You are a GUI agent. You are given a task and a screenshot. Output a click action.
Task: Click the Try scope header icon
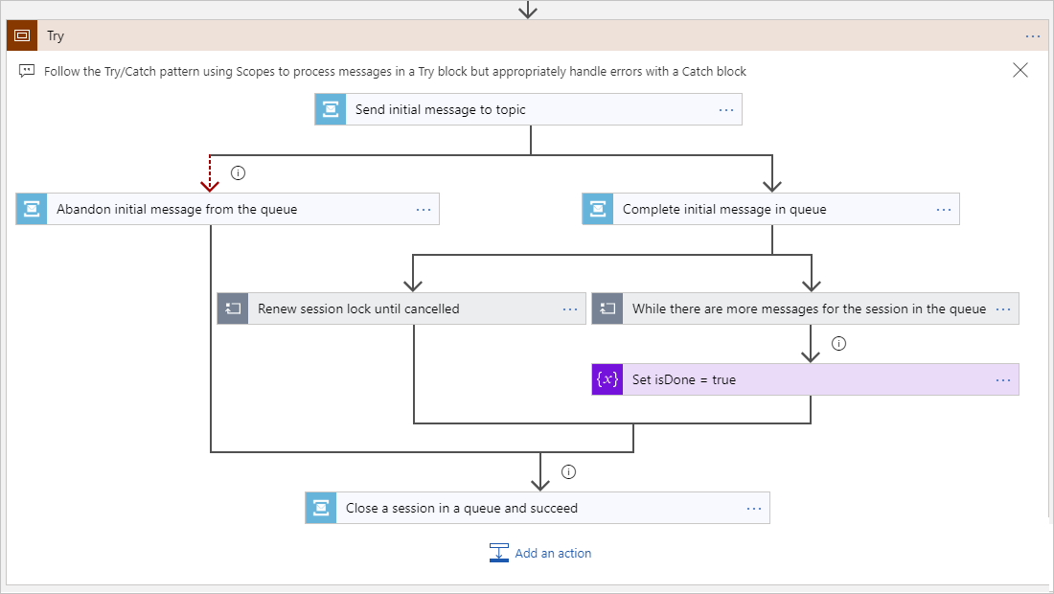click(x=21, y=35)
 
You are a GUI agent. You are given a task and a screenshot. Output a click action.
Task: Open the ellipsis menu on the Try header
click(x=1032, y=35)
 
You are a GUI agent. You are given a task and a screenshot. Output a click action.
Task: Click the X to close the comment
click(x=1020, y=70)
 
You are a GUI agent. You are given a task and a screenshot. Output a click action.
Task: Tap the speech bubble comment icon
click(x=27, y=71)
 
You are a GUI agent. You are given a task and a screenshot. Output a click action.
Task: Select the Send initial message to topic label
click(x=440, y=109)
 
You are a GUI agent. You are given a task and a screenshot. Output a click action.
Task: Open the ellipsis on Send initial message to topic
click(x=725, y=109)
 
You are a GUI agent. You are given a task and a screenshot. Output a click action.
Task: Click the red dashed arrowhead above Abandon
click(x=210, y=184)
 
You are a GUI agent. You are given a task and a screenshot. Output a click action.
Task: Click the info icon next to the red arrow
click(x=239, y=173)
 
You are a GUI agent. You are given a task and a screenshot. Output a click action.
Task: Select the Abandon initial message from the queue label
click(x=176, y=209)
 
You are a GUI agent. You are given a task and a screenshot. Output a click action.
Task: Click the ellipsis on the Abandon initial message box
click(x=423, y=209)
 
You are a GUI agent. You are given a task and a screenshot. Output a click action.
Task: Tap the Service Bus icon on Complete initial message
click(x=598, y=209)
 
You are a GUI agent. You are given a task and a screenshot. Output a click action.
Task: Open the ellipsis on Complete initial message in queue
click(x=943, y=209)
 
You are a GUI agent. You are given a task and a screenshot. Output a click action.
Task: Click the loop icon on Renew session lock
click(x=233, y=308)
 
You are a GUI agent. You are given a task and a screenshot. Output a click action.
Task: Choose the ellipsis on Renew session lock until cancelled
click(x=569, y=308)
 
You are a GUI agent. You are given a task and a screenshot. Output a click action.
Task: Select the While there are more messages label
click(x=809, y=308)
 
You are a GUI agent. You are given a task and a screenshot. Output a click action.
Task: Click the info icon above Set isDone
click(x=839, y=344)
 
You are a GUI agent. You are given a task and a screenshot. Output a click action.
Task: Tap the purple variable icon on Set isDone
click(x=607, y=379)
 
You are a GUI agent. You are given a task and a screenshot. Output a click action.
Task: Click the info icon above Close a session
click(x=569, y=471)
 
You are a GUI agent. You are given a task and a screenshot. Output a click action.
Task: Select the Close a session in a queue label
click(x=461, y=508)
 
